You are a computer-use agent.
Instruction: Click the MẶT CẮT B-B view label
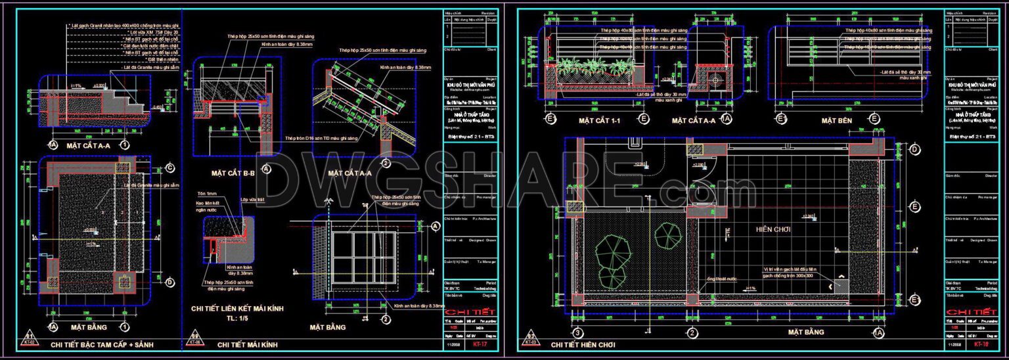(233, 173)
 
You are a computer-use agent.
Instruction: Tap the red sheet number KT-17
(480, 344)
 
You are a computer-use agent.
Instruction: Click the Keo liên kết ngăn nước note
(208, 206)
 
